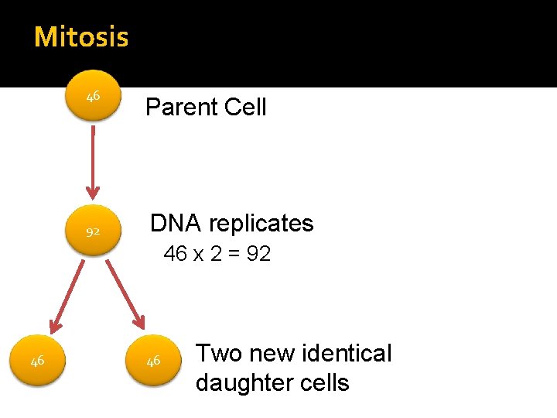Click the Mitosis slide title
tap(81, 36)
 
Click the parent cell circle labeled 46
tap(93, 97)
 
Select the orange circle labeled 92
tap(93, 231)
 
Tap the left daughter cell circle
tap(37, 361)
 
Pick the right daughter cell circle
tap(153, 361)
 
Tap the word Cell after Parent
tap(242, 107)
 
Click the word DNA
tap(176, 223)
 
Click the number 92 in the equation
tap(258, 254)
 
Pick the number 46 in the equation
tap(176, 254)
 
